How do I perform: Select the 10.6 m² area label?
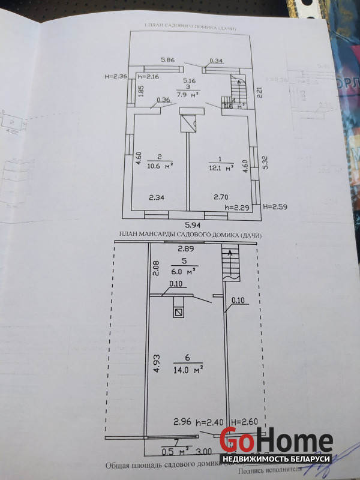pyautogui.click(x=160, y=166)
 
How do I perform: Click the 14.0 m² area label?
pyautogui.click(x=188, y=370)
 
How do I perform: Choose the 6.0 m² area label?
pyautogui.click(x=185, y=271)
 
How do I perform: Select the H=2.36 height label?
pyautogui.click(x=116, y=76)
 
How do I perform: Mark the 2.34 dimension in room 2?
pyautogui.click(x=157, y=196)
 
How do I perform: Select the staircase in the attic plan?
pyautogui.click(x=230, y=263)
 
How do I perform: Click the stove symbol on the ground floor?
pyautogui.click(x=190, y=122)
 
